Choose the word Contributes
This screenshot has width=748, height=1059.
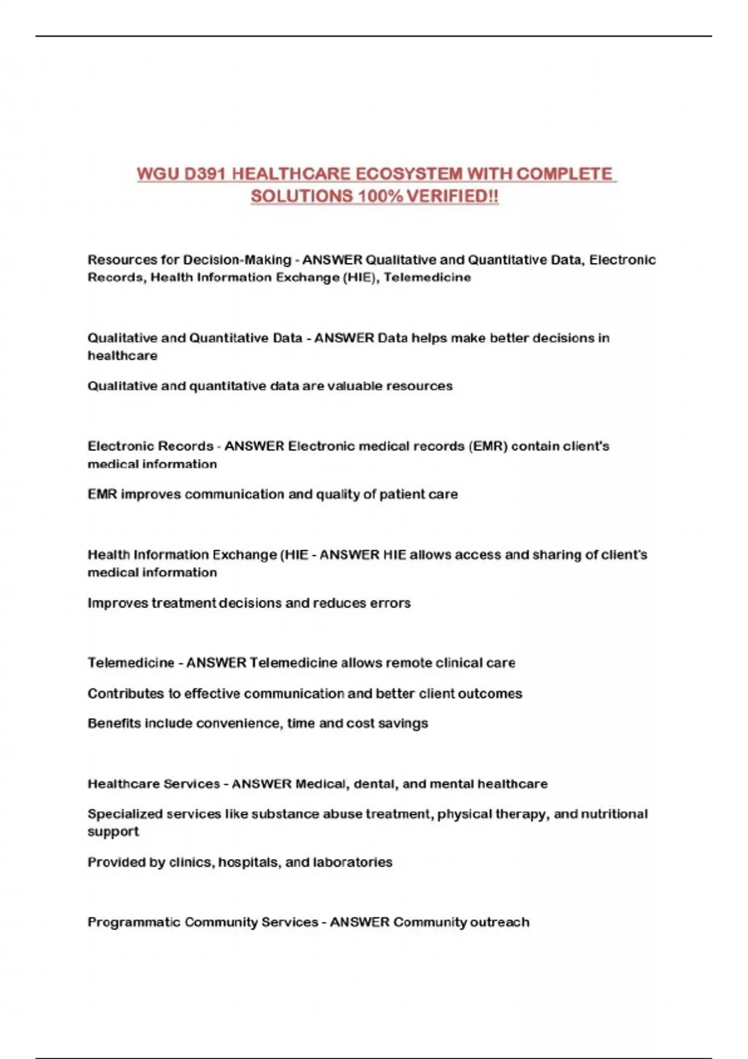[x=125, y=693]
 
